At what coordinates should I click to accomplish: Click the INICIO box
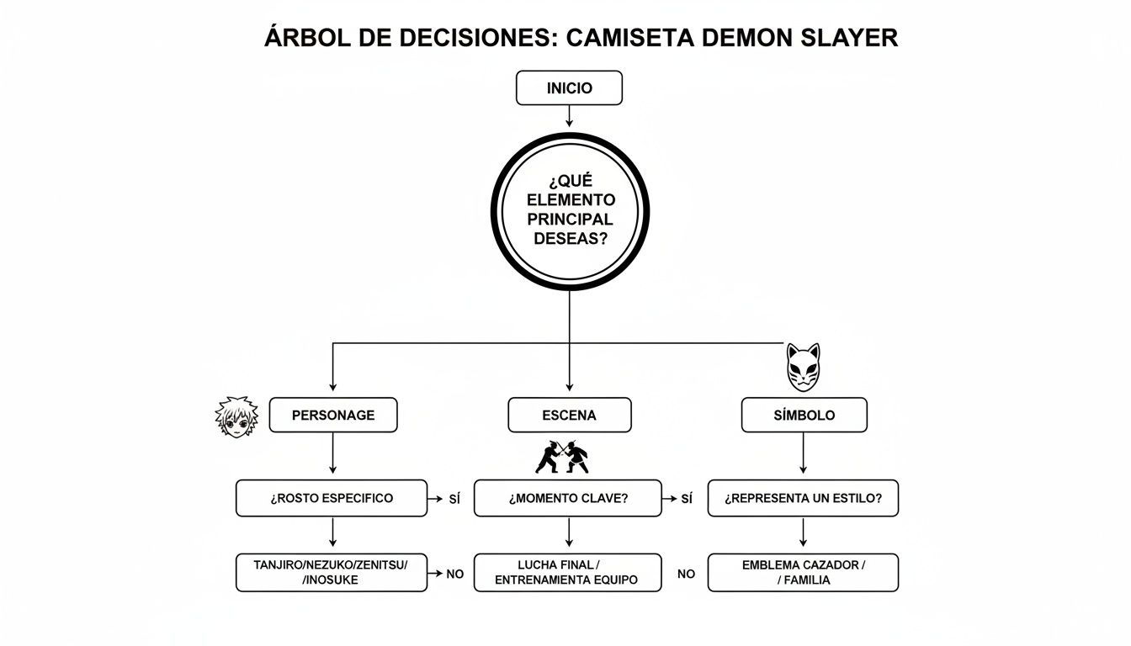pos(569,88)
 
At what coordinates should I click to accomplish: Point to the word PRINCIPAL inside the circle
pos(570,219)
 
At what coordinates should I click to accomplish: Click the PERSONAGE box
pos(333,416)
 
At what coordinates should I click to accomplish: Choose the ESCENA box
pos(570,416)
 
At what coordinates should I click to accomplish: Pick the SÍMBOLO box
pos(804,416)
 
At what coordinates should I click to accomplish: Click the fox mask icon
pos(803,367)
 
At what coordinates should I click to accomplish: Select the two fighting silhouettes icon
pos(562,457)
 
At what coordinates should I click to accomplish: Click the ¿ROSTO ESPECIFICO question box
pos(332,498)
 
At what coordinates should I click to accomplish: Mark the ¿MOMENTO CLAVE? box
pos(568,498)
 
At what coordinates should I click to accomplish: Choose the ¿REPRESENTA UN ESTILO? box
pos(803,498)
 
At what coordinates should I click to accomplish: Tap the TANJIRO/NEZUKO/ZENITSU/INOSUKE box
pos(332,573)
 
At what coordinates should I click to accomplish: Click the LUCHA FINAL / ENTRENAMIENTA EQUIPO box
pos(568,573)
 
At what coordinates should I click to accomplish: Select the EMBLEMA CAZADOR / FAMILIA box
pos(803,573)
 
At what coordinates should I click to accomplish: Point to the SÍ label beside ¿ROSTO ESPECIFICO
pos(454,499)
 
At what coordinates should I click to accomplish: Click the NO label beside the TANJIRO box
pos(454,574)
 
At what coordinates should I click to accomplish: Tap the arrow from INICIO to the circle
pos(569,116)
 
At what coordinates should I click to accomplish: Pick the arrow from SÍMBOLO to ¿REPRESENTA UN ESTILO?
pos(803,456)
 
